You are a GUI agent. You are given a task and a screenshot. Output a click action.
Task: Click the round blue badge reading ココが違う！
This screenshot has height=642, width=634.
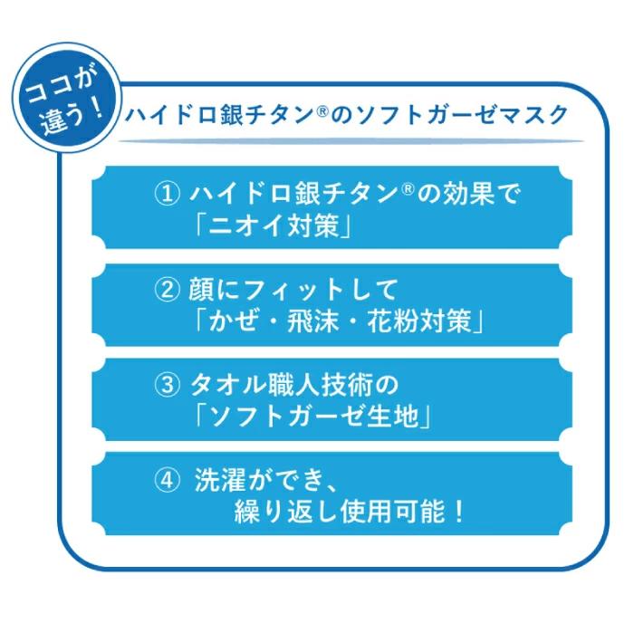[67, 99]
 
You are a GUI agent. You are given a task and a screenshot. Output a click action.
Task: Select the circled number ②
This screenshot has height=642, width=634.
[167, 290]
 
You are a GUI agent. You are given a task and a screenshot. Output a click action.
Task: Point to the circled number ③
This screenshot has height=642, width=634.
[167, 385]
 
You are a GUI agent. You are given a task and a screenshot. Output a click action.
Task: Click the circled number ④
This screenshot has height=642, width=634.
[167, 480]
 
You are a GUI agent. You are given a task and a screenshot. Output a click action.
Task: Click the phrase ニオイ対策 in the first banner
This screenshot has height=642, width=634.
[274, 225]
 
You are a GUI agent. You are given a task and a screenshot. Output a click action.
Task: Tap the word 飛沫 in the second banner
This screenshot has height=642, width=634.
[312, 321]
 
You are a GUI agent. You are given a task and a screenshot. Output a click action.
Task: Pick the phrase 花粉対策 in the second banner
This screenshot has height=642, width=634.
[419, 321]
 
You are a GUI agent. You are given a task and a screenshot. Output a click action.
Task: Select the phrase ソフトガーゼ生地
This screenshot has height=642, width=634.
[313, 417]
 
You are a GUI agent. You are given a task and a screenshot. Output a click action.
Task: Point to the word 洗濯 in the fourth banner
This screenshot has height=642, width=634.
[220, 480]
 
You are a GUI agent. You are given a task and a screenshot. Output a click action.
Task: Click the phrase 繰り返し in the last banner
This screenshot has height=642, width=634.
[286, 512]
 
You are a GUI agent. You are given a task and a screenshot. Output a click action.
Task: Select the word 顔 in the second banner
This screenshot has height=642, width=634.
[201, 290]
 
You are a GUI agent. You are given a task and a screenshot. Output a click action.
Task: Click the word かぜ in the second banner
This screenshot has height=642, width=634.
[234, 321]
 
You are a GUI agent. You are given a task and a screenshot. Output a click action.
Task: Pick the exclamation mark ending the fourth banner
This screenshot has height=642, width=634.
[458, 512]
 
